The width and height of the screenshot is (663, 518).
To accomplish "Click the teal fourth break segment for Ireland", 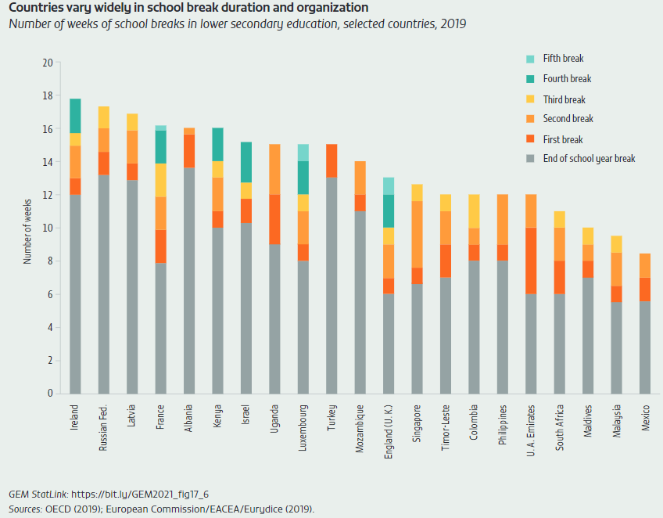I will (75, 116).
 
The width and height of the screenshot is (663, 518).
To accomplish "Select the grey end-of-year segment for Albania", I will (189, 280).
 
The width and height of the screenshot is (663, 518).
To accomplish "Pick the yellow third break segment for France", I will (160, 180).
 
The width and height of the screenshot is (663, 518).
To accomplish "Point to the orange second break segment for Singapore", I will (418, 235).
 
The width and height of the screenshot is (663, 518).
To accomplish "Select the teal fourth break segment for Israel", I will (245, 162).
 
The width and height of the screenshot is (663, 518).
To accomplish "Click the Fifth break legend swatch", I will (530, 59).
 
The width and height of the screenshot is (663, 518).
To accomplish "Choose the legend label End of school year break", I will (589, 159).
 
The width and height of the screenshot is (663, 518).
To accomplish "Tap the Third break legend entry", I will (564, 99).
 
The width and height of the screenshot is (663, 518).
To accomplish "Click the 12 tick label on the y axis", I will (48, 195).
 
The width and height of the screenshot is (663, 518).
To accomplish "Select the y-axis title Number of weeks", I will (27, 228).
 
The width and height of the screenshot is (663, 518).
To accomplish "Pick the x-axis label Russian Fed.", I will (104, 429).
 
